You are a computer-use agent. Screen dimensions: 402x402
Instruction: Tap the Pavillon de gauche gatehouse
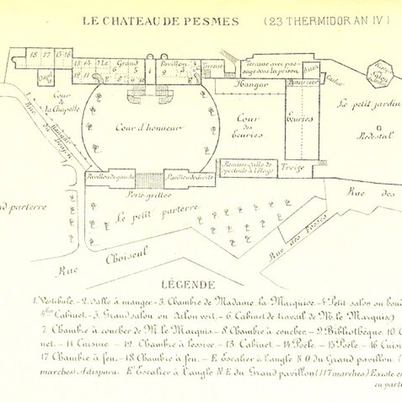pyautogui.click(x=107, y=178)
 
